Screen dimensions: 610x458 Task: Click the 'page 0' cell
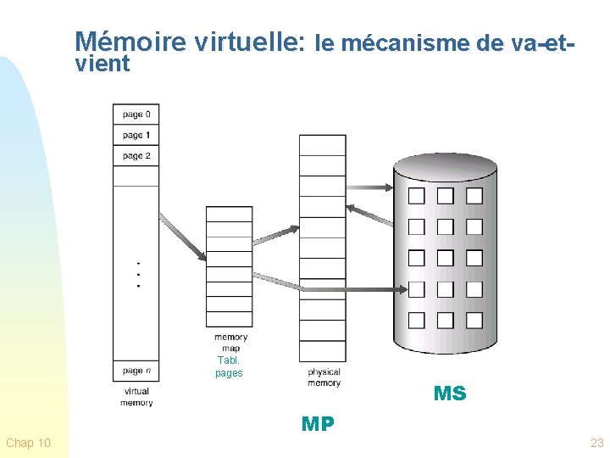coord(136,114)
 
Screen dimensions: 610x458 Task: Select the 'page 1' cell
coord(136,136)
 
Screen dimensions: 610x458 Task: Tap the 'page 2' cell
coord(136,156)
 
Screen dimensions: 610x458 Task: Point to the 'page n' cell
coord(136,371)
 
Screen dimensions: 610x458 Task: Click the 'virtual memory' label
coord(136,397)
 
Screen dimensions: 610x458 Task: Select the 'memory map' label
coord(230,343)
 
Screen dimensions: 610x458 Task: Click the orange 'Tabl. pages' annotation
coord(229,366)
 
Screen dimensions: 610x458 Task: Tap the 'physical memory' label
coord(324,377)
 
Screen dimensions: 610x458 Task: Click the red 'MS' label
coord(449,394)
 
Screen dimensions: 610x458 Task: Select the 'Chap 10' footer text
coord(28,443)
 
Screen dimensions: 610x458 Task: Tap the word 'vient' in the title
coord(102,64)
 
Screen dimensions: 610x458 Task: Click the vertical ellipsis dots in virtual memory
coord(138,274)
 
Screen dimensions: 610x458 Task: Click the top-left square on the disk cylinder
coord(417,196)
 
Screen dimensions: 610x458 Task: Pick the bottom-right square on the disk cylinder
coord(474,321)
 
